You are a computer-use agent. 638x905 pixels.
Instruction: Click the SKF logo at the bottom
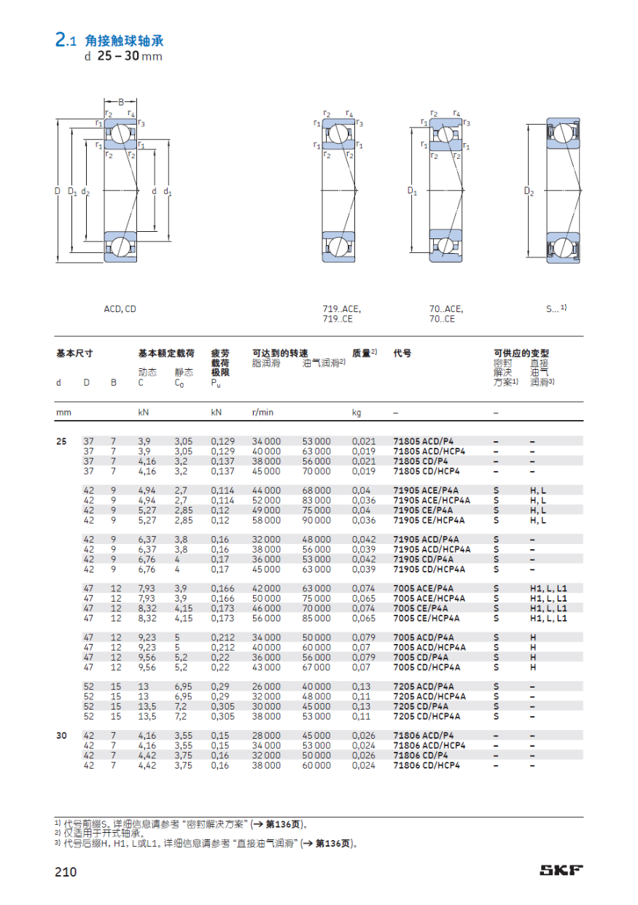pos(561,871)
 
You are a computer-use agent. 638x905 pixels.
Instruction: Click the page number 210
pos(65,871)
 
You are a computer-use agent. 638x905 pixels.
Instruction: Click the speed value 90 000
pos(316,520)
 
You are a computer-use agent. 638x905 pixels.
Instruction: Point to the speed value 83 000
pos(316,500)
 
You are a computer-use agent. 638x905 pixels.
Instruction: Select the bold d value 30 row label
pos(63,736)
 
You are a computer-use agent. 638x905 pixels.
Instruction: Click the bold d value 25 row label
pos(63,441)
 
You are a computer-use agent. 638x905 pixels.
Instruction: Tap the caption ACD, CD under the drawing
pos(120,309)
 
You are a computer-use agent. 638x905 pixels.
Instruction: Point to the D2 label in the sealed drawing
pos(529,192)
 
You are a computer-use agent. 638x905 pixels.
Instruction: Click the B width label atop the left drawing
pos(121,101)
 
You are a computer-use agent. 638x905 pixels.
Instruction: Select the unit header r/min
pos(262,412)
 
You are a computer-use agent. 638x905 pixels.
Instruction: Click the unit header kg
pos(357,412)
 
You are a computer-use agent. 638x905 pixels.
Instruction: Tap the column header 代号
pos(402,353)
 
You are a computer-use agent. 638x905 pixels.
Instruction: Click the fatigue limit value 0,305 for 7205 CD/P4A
pos(222,706)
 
